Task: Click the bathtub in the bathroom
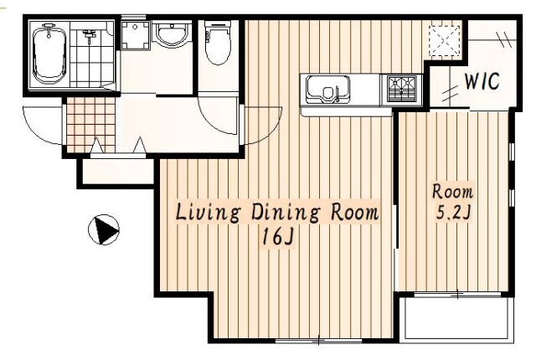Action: [x=49, y=54]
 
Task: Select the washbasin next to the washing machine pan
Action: [x=172, y=34]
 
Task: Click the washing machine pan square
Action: [x=136, y=35]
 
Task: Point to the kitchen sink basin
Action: [x=327, y=90]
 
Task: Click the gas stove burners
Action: [x=402, y=89]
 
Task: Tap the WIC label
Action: [x=482, y=81]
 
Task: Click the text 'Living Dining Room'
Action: [x=277, y=213]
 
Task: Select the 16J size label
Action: [x=277, y=236]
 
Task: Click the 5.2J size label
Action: [x=453, y=213]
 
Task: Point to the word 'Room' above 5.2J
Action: [x=452, y=191]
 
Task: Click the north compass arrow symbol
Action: [x=104, y=229]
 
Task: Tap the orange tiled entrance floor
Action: [x=91, y=125]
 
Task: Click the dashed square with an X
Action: [x=445, y=40]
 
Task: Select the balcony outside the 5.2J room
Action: [x=459, y=318]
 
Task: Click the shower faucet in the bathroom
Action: [x=89, y=35]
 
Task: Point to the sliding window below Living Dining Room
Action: [x=318, y=341]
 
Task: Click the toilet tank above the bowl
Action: [x=218, y=25]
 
